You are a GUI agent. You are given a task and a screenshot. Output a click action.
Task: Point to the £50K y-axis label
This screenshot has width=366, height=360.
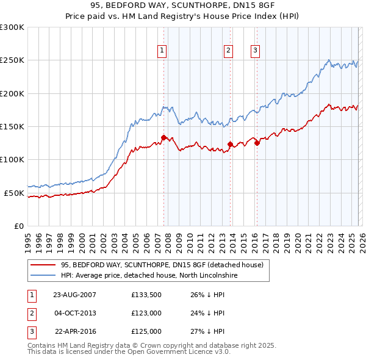(x=14, y=193)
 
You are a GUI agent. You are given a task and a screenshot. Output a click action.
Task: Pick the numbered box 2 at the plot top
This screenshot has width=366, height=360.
(x=228, y=51)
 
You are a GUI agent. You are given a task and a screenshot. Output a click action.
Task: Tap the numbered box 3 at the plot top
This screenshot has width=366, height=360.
(x=255, y=51)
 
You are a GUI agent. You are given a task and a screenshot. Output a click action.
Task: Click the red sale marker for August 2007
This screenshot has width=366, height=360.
(x=163, y=137)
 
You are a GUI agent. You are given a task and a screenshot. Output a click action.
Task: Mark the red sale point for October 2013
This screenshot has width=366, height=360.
(x=230, y=144)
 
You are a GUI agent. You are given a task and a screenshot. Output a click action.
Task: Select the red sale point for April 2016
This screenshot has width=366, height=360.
(x=257, y=143)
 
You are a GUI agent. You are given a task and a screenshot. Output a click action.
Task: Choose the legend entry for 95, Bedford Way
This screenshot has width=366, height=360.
(x=162, y=265)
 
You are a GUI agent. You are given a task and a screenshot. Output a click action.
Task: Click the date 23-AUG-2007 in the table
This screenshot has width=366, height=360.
(x=74, y=295)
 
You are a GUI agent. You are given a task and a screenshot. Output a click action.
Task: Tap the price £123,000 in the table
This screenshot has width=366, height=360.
(x=146, y=313)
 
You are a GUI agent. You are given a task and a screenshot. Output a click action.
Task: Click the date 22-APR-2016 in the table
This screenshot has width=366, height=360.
(x=74, y=332)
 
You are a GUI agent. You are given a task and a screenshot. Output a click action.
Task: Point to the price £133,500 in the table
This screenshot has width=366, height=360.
(x=146, y=295)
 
